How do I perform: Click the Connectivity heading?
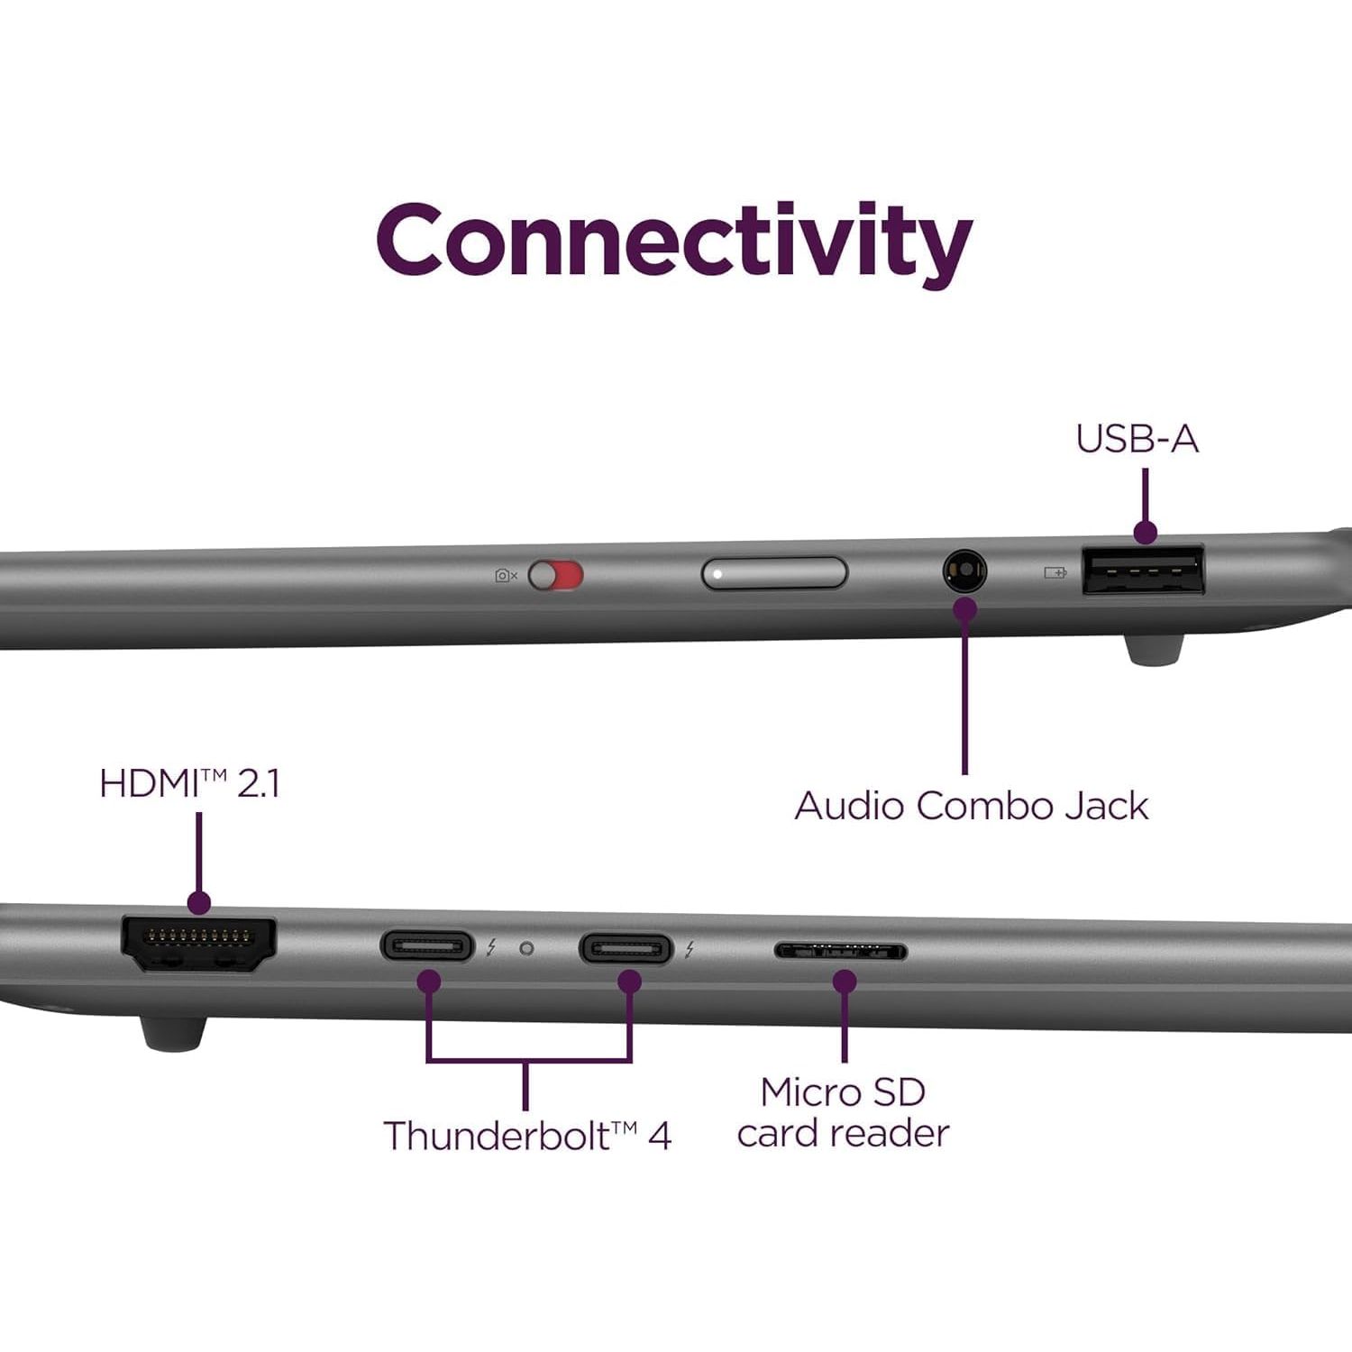click(674, 242)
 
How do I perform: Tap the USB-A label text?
click(1137, 439)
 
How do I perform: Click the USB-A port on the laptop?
click(1144, 571)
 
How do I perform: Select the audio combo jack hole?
click(964, 571)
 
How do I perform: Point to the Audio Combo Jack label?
click(971, 806)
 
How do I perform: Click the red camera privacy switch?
click(556, 575)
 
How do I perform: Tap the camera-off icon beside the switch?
click(506, 575)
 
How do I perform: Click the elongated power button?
click(774, 573)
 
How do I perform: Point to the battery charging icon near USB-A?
click(1055, 572)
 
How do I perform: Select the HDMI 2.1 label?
click(189, 783)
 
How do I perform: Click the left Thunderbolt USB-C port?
click(427, 947)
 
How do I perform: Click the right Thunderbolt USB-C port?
click(626, 949)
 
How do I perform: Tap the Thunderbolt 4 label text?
click(527, 1136)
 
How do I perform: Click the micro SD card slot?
click(841, 951)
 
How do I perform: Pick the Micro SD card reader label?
click(843, 1112)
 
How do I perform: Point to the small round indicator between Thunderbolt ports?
click(527, 948)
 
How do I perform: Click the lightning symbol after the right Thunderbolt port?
click(690, 949)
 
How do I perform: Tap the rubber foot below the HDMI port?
click(174, 1033)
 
